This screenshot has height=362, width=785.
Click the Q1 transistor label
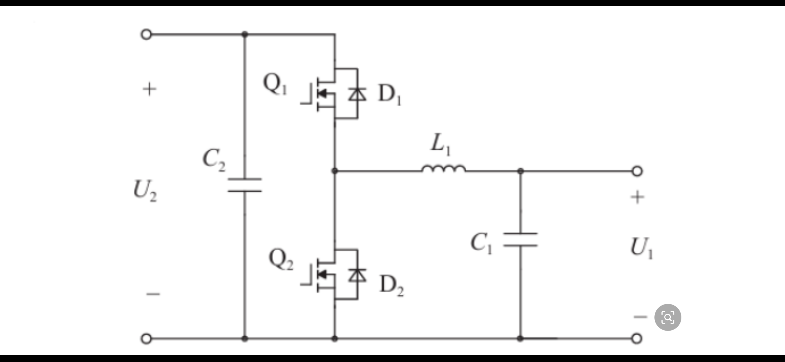tap(275, 84)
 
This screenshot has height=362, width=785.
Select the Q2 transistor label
tap(281, 260)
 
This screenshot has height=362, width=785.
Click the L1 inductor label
tap(441, 145)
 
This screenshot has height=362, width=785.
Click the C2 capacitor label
tap(214, 160)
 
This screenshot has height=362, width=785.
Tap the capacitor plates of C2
tap(245, 185)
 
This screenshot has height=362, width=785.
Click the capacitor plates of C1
tap(521, 239)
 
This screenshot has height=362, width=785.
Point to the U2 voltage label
tap(145, 191)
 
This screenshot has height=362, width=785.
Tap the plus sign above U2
tap(149, 89)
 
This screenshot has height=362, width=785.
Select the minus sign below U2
tap(153, 294)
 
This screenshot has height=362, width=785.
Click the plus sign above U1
tap(638, 197)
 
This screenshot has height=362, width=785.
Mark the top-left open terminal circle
tap(146, 35)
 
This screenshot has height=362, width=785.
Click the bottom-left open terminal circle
tap(146, 338)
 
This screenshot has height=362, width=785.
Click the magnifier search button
tap(668, 317)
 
